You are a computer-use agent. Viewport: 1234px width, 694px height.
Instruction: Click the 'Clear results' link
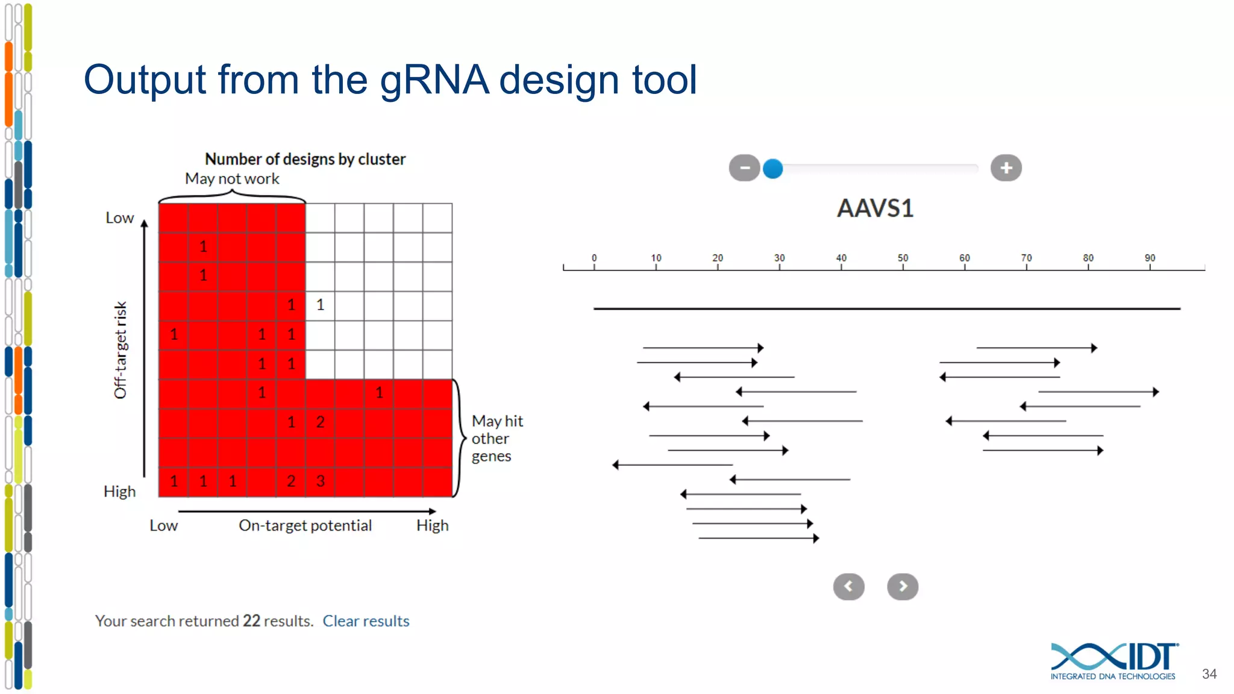coord(366,621)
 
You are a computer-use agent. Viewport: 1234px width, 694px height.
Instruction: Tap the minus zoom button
coord(744,168)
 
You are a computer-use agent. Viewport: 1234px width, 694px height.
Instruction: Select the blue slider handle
coord(772,169)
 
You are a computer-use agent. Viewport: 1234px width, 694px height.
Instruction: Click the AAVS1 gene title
coord(875,208)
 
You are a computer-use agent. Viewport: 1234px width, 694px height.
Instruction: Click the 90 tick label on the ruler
coord(1150,258)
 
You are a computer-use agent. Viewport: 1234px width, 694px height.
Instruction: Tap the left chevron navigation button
coord(848,586)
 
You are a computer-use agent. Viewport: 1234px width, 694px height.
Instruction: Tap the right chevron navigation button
coord(902,586)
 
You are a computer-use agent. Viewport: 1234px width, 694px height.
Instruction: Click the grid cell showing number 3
coord(320,481)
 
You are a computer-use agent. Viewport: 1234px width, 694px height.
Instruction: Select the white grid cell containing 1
coord(320,305)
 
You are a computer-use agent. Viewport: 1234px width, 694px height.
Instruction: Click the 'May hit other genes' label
coord(497,438)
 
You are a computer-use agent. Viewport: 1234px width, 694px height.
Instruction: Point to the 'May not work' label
coord(232,179)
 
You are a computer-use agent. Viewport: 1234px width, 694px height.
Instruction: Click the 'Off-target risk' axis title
coord(121,350)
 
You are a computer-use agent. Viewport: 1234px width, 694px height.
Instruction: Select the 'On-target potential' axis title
coord(305,525)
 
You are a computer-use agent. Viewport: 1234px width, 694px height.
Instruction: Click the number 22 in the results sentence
coord(251,621)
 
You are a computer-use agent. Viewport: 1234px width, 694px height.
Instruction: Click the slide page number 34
coord(1209,674)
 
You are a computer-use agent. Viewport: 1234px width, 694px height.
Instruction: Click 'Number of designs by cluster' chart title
coord(305,159)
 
